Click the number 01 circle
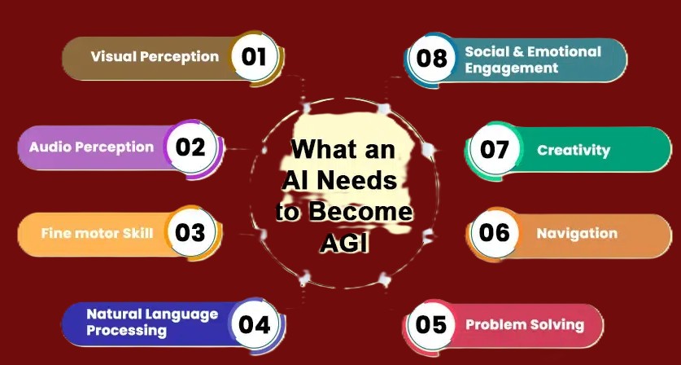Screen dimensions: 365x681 click(255, 56)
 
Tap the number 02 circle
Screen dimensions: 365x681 click(190, 147)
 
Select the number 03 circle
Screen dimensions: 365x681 click(190, 232)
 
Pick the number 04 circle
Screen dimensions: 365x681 click(254, 323)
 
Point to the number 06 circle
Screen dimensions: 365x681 click(495, 233)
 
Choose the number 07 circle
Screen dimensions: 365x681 click(495, 150)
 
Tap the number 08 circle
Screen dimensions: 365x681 click(431, 59)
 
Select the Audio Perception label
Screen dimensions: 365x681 click(91, 147)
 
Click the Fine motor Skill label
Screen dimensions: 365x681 click(97, 233)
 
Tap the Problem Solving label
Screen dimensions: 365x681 click(525, 324)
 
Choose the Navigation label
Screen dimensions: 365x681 click(577, 233)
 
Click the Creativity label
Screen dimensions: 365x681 click(574, 150)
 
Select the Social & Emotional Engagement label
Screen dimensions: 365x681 click(533, 59)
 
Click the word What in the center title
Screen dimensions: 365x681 click(322, 150)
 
